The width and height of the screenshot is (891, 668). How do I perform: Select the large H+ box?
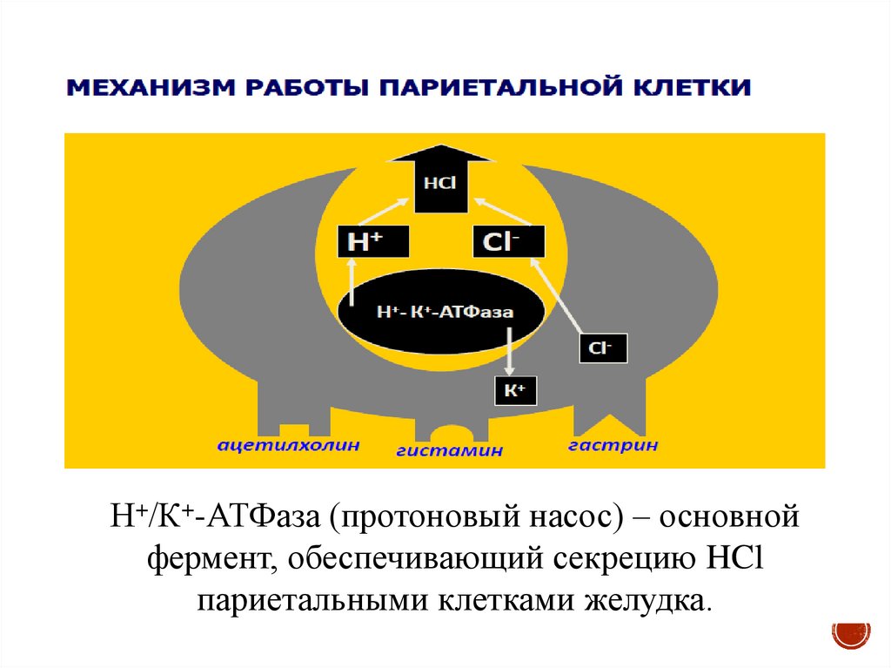pos(372,242)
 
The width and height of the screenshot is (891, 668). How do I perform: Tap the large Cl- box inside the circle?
pos(509,242)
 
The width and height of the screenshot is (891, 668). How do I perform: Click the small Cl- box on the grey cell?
pos(602,347)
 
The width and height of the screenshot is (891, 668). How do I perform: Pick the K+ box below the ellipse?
pos(515,391)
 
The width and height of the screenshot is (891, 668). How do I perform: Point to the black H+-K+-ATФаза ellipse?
pos(441,311)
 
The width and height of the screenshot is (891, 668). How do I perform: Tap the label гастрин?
pos(613,445)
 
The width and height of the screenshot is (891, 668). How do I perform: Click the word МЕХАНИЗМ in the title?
pos(140,89)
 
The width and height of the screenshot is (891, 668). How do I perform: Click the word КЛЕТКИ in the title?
pos(682,89)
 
